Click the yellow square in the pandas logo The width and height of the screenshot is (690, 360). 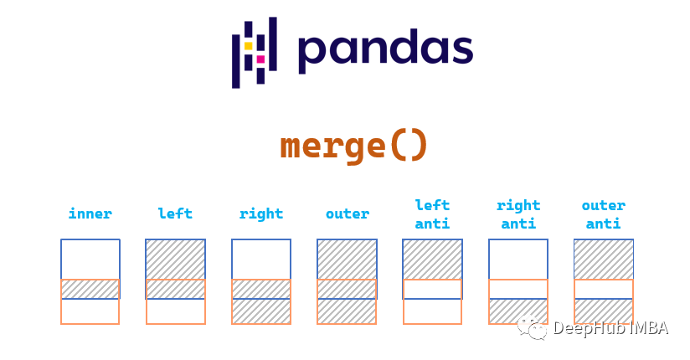pos(249,46)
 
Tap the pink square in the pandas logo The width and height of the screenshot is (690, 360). pos(260,59)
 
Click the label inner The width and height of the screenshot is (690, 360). pos(90,213)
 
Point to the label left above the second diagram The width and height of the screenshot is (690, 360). pos(175,213)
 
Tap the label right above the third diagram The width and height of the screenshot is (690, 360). pos(261,214)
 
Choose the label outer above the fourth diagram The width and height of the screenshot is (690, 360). pos(348,213)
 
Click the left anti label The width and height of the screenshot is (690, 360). pos(433,214)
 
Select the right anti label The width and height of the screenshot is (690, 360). pos(518,214)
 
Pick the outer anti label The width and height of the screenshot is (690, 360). pos(604,214)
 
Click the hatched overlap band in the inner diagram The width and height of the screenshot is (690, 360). pos(90,289)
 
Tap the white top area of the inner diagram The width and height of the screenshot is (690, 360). pos(90,260)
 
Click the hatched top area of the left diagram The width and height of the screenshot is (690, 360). pos(176,260)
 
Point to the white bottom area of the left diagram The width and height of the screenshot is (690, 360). pos(176,311)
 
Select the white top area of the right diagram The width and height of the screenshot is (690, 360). pos(261,260)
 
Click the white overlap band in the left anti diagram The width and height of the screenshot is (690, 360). pos(433,289)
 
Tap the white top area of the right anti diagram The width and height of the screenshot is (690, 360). pos(518,260)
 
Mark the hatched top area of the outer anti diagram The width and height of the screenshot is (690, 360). pos(604,260)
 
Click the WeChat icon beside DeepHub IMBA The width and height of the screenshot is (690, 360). pos(533,328)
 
